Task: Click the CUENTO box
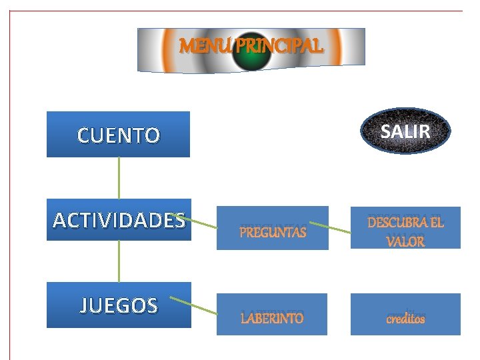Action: pos(118,135)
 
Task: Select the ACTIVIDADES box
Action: pos(119,219)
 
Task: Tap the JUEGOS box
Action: pos(119,305)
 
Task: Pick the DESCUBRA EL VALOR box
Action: pos(405,229)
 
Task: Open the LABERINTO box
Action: pos(272,315)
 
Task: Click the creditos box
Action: pos(405,315)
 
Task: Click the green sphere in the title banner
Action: pos(251,52)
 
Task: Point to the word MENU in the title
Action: pos(198,46)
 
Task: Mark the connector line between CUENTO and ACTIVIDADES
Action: pos(119,177)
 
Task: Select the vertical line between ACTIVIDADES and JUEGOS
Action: pos(119,261)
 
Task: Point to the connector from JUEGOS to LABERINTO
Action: pos(195,305)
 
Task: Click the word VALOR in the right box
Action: pos(405,241)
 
